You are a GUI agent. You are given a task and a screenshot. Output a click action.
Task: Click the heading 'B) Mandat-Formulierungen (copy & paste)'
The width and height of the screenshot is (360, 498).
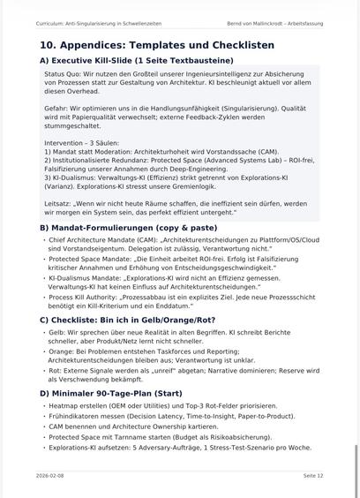pyautogui.click(x=128, y=228)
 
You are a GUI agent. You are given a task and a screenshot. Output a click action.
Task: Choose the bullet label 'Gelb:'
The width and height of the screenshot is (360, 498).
pyautogui.click(x=56, y=332)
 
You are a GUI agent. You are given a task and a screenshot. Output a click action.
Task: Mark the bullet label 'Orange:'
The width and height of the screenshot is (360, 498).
pyautogui.click(x=61, y=351)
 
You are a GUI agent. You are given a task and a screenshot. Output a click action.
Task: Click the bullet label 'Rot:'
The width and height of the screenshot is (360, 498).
pyautogui.click(x=56, y=371)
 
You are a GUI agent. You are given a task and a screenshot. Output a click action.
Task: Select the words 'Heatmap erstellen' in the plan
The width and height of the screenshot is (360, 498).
pyautogui.click(x=74, y=405)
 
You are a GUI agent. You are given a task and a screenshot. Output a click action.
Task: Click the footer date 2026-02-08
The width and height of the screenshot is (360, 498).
pyautogui.click(x=49, y=475)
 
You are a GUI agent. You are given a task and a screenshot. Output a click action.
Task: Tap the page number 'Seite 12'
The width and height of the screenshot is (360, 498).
pyautogui.click(x=312, y=475)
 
